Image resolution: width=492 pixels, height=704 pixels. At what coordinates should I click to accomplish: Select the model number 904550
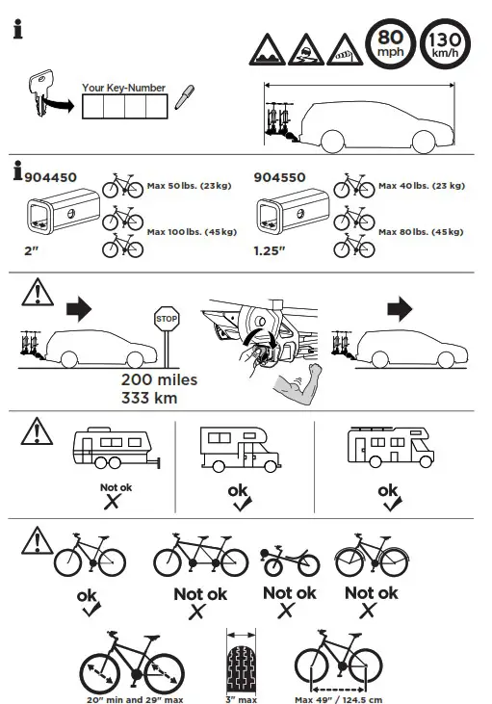(x=280, y=177)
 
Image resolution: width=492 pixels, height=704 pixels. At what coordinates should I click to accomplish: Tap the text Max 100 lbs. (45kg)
(x=194, y=232)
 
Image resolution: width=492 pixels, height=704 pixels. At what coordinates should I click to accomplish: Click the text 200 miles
(x=159, y=379)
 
